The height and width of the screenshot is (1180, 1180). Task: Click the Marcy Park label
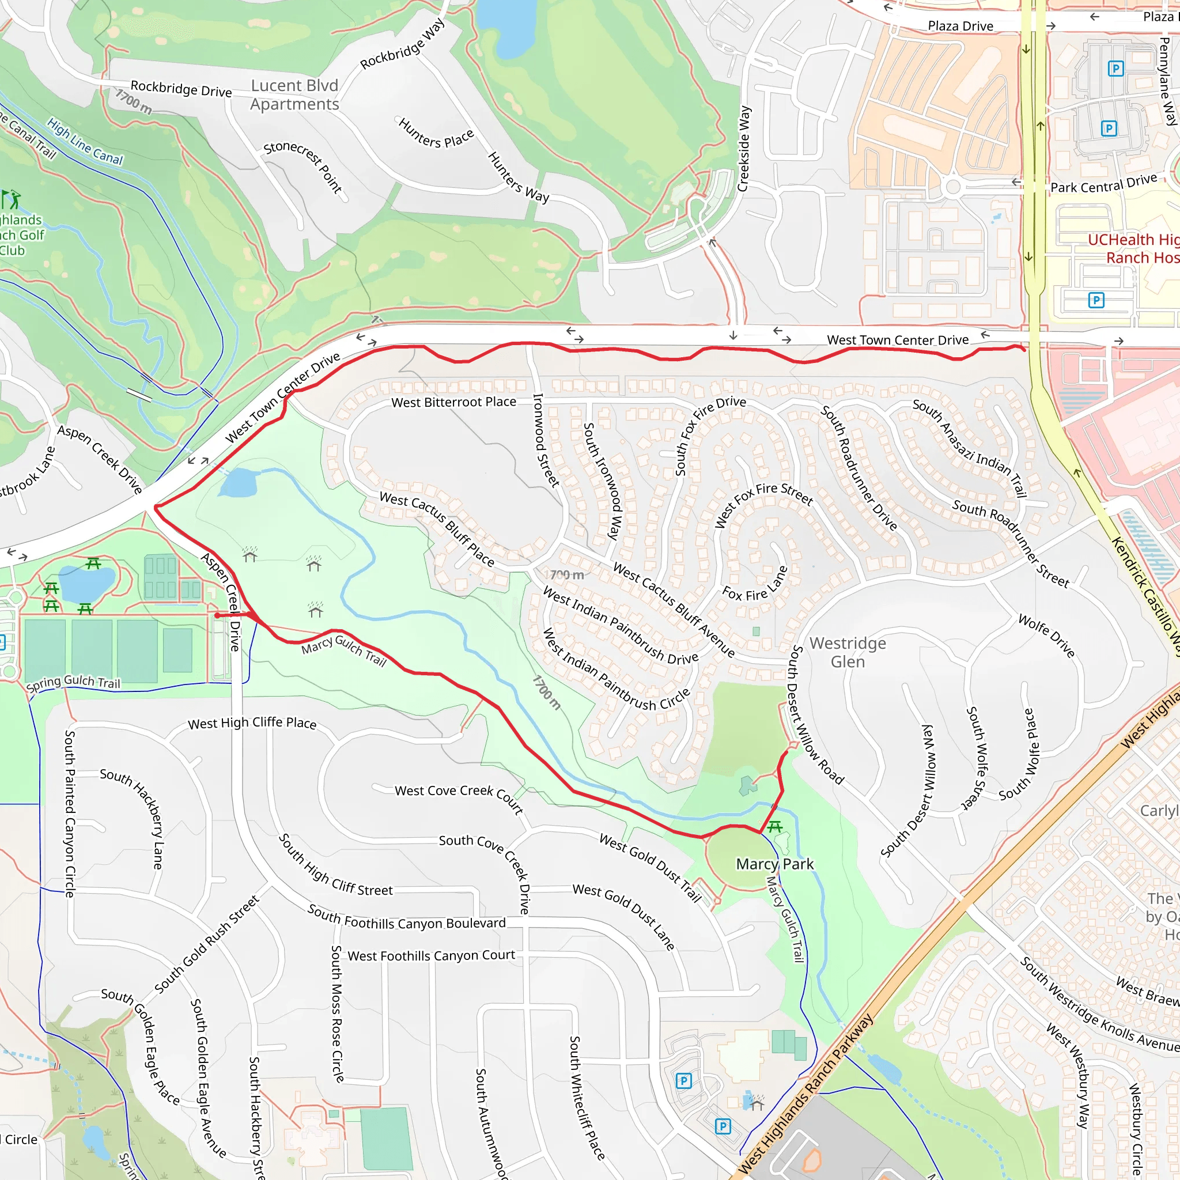tap(774, 864)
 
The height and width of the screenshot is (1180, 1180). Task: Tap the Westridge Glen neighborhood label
tap(847, 652)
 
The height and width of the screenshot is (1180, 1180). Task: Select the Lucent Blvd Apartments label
tap(294, 94)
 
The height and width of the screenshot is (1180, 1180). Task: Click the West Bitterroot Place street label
tap(453, 402)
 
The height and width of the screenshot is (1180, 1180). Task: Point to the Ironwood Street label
tap(546, 440)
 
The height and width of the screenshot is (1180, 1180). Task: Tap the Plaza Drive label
tap(960, 26)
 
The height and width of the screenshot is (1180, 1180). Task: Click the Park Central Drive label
tap(1103, 183)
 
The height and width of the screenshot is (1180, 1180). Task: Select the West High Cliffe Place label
tap(252, 723)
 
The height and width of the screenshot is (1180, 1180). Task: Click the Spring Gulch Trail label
tap(73, 682)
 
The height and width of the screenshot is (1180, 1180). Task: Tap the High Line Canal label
tap(85, 142)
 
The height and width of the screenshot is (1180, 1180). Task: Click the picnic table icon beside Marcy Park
tap(774, 827)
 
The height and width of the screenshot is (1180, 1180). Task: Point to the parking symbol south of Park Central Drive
tap(1096, 300)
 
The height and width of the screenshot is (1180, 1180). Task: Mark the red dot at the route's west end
tap(217, 615)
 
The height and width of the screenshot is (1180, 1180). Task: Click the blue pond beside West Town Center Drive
tap(237, 483)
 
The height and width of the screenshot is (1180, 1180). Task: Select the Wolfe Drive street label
tap(1046, 635)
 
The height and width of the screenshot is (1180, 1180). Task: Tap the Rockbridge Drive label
tap(181, 89)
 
